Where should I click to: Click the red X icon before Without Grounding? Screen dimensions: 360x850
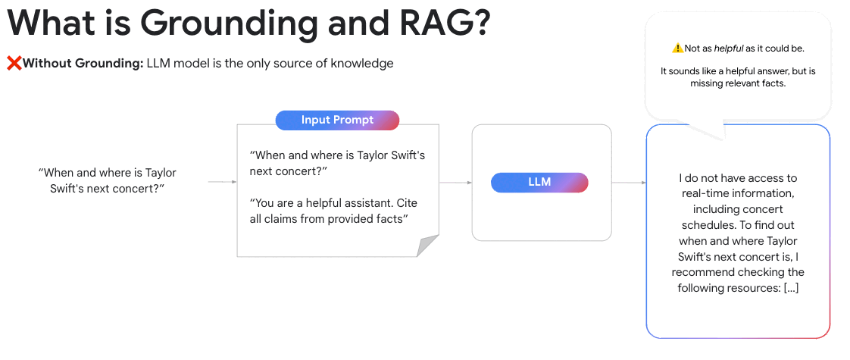click(x=14, y=64)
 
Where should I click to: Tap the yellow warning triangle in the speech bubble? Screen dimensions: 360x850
click(x=677, y=49)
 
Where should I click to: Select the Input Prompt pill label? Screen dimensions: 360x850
click(x=337, y=120)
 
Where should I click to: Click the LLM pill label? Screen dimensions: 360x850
click(x=539, y=183)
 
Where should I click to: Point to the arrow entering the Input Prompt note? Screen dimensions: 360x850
click(x=223, y=182)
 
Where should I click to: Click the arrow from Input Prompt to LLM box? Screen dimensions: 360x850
click(x=455, y=183)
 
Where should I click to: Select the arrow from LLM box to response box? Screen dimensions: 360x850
click(x=629, y=183)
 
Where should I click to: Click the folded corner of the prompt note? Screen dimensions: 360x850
click(x=428, y=246)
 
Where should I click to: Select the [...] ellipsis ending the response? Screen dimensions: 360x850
click(x=791, y=288)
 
